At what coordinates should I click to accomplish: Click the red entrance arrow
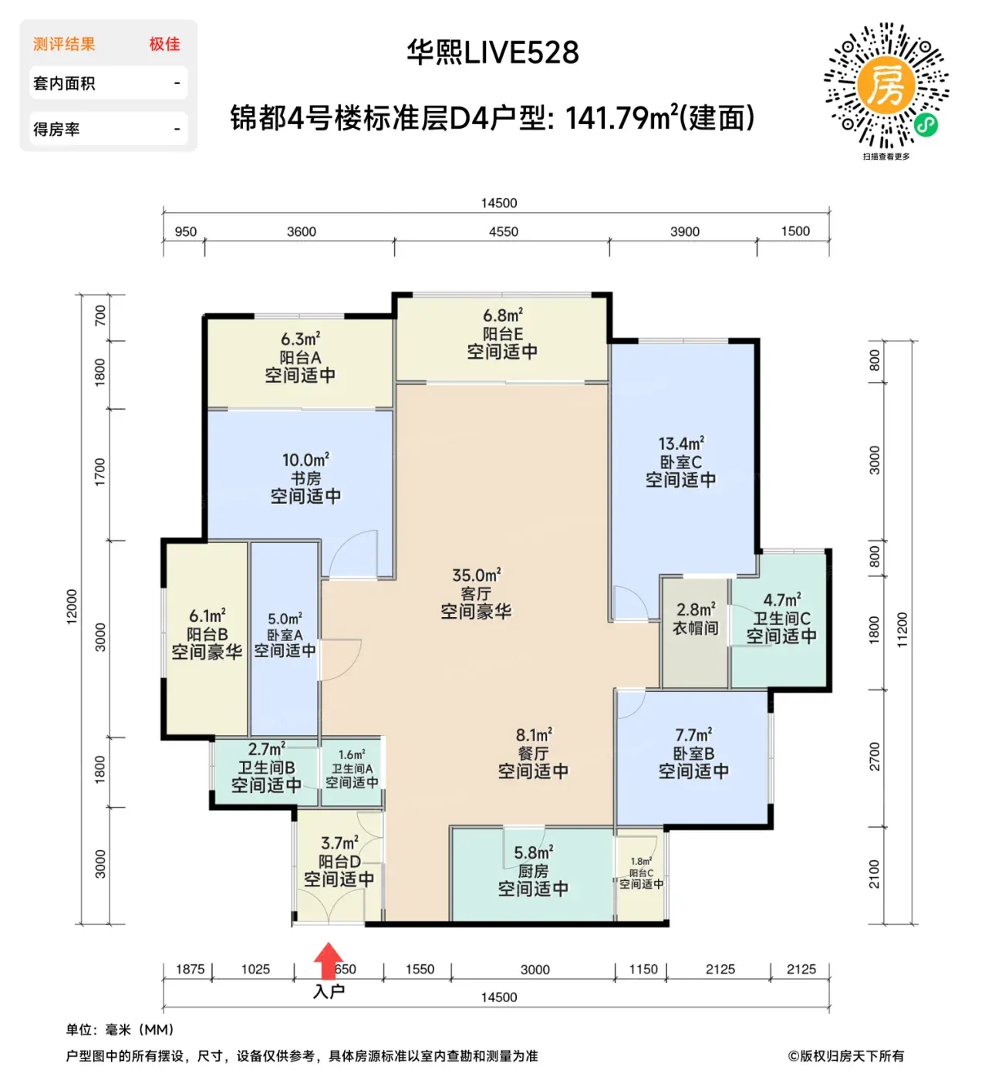[x=328, y=960]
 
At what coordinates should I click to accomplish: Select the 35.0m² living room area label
[x=476, y=575]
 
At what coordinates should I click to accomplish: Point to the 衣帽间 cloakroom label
[x=695, y=628]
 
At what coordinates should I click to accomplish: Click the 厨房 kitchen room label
[x=533, y=871]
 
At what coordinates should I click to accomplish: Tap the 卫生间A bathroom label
[x=352, y=768]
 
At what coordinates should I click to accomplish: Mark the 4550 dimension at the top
[x=503, y=231]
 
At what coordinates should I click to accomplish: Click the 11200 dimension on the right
[x=902, y=629]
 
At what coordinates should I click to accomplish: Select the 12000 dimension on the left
[x=72, y=607]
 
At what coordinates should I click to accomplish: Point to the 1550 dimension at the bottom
[x=420, y=969]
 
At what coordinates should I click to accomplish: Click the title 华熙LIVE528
[x=492, y=52]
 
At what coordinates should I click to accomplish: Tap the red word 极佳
[x=164, y=44]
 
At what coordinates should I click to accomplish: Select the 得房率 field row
[x=108, y=129]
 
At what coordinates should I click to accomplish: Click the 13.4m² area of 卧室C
[x=681, y=444]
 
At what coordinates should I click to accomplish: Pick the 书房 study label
[x=305, y=478]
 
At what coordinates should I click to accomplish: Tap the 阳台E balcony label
[x=502, y=333]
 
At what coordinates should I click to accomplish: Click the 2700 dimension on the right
[x=873, y=756]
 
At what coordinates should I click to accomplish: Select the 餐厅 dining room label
[x=533, y=753]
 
